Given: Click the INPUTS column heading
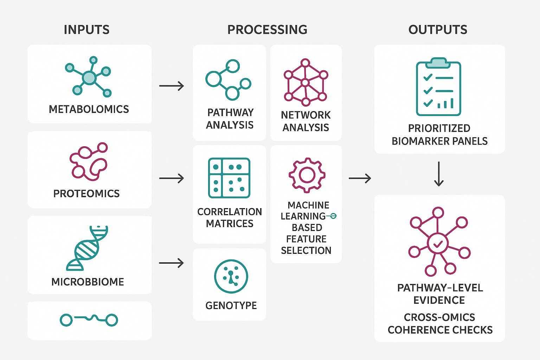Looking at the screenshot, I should point(86,30).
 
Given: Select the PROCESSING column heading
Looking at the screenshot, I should point(267,30).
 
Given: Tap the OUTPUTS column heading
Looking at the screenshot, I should point(438,30).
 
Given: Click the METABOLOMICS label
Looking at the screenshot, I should point(89,109).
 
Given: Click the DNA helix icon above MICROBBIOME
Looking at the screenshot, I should point(87,248).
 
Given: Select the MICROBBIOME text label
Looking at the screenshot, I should point(88,282).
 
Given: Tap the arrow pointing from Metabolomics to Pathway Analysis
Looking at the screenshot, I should point(172,86).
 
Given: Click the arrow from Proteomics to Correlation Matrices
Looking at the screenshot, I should point(172,178).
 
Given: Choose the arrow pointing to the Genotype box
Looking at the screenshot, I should point(172,263).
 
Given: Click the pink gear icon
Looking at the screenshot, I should point(307,175).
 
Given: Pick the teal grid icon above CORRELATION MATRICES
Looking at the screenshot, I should point(229,178).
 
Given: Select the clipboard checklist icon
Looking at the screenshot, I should point(438,86).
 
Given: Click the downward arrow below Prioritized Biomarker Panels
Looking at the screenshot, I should point(438,174).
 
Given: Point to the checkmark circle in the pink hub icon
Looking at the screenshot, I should point(438,243).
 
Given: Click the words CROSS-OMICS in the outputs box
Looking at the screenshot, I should point(439,317).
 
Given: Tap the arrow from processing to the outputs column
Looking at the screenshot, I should point(360,178).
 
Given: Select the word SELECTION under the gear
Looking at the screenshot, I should point(306,250).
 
